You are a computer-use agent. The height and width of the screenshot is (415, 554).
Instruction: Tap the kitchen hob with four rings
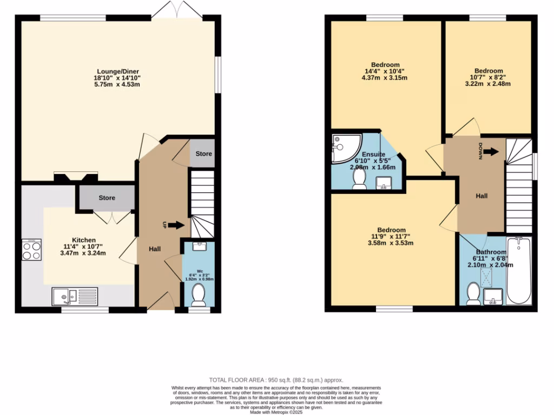pyautogui.click(x=31, y=250)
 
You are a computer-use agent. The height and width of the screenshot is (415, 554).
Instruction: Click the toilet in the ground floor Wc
pyautogui.click(x=199, y=295)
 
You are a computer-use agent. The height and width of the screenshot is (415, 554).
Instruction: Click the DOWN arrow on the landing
pyautogui.click(x=490, y=152)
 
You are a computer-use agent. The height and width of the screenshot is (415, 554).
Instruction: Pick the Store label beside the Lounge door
pyautogui.click(x=204, y=154)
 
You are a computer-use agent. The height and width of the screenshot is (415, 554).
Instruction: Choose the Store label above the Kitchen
pyautogui.click(x=107, y=198)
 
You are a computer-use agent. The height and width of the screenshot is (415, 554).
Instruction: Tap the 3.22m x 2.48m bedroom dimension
pyautogui.click(x=489, y=84)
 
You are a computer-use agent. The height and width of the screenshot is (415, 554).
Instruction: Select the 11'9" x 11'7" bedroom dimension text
pyautogui.click(x=392, y=236)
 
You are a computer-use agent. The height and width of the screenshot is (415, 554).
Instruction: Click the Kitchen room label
pyautogui.click(x=84, y=240)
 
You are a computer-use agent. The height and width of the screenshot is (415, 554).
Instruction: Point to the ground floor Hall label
pyautogui.click(x=155, y=249)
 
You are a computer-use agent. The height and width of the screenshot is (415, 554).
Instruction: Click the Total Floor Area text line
pyautogui.click(x=276, y=380)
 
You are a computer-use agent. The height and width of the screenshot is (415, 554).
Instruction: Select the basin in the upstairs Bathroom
pyautogui.click(x=493, y=296)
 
